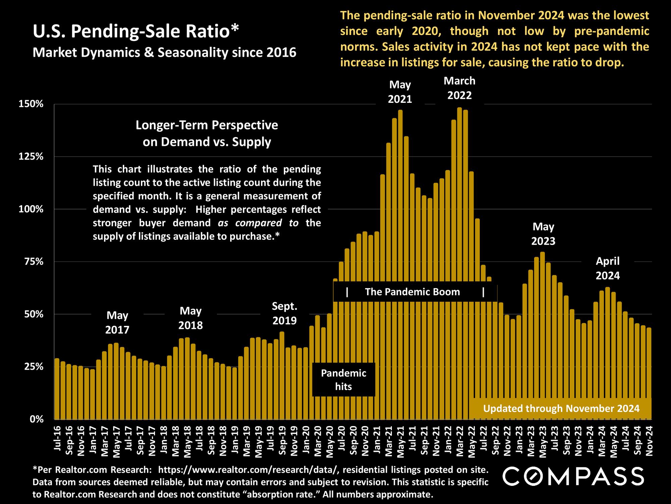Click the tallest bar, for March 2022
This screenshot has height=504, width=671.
pyautogui.click(x=459, y=263)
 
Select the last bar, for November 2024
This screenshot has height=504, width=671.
pyautogui.click(x=649, y=374)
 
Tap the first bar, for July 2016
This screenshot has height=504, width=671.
pyautogui.click(x=57, y=389)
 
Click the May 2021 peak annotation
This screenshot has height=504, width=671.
pyautogui.click(x=400, y=92)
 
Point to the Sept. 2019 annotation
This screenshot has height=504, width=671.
pyautogui.click(x=285, y=313)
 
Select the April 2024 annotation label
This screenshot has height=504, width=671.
pyautogui.click(x=608, y=268)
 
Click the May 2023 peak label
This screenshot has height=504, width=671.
pyautogui.click(x=543, y=234)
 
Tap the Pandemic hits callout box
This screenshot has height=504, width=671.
pyautogui.click(x=344, y=380)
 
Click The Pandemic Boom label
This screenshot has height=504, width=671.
pyautogui.click(x=412, y=292)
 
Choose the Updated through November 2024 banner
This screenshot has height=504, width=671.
pyautogui.click(x=561, y=409)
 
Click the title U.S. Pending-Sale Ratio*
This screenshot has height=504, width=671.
pyautogui.click(x=136, y=32)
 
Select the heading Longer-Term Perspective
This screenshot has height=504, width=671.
pyautogui.click(x=207, y=125)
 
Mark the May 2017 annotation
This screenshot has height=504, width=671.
pyautogui.click(x=117, y=323)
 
